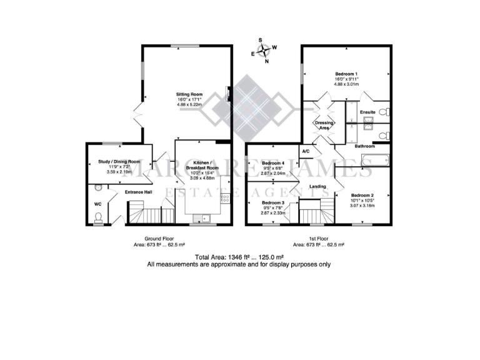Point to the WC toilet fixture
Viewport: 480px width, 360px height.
pyautogui.click(x=98, y=217)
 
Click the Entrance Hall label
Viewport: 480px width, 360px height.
pyautogui.click(x=139, y=192)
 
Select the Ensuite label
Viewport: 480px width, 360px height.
pyautogui.click(x=368, y=112)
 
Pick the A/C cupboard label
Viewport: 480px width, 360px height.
pyautogui.click(x=306, y=151)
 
